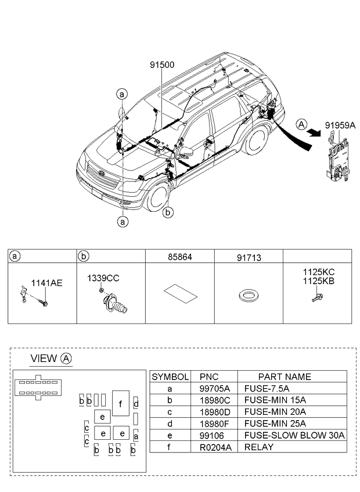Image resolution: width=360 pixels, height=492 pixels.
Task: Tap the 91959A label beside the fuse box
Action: tap(340, 124)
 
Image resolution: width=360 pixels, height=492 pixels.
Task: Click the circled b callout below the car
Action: tap(168, 213)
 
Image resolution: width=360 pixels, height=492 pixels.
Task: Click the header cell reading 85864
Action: tap(179, 255)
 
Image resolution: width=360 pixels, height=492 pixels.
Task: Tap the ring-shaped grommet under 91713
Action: tap(248, 297)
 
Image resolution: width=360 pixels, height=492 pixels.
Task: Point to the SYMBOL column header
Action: tap(170, 377)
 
